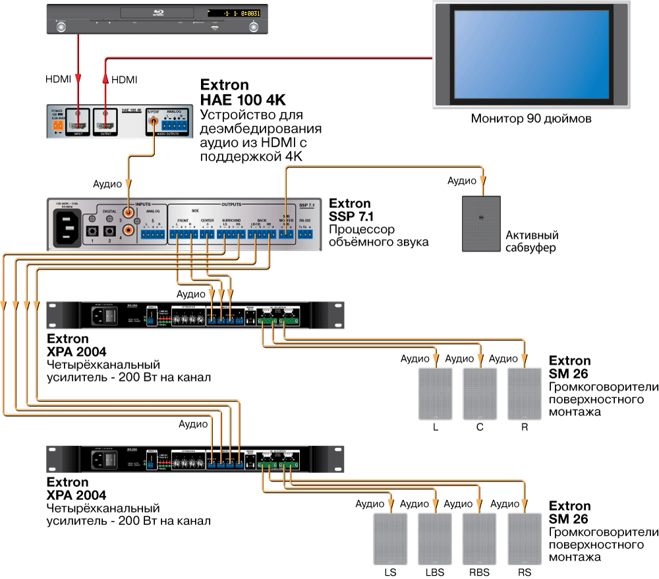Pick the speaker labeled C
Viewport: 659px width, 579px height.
[x=480, y=393]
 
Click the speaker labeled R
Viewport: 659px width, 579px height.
[x=525, y=393]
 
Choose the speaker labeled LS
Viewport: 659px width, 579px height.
[x=391, y=538]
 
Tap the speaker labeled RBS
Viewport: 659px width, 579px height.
[x=480, y=538]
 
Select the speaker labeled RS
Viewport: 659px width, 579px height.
[x=525, y=538]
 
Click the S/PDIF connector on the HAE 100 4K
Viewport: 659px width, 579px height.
[x=156, y=123]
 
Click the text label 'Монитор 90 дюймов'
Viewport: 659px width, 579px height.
[x=531, y=119]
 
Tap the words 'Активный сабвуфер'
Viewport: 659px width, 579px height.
[x=532, y=242]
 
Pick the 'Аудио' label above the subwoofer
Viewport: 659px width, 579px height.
[x=461, y=180]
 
